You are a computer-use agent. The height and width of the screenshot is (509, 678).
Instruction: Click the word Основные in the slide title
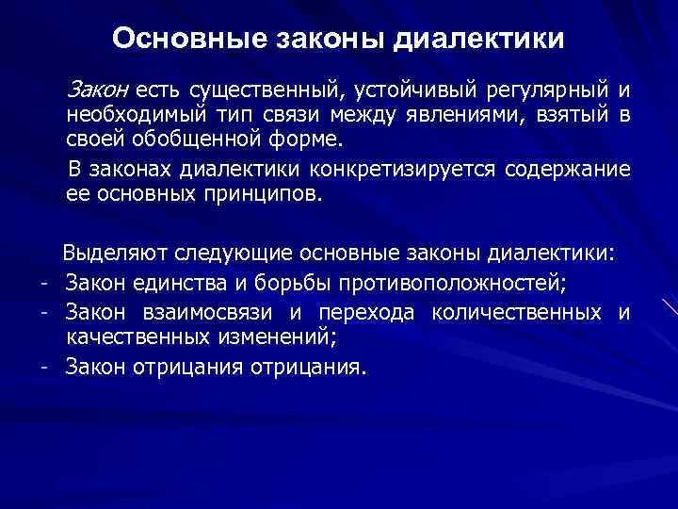[171, 40]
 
